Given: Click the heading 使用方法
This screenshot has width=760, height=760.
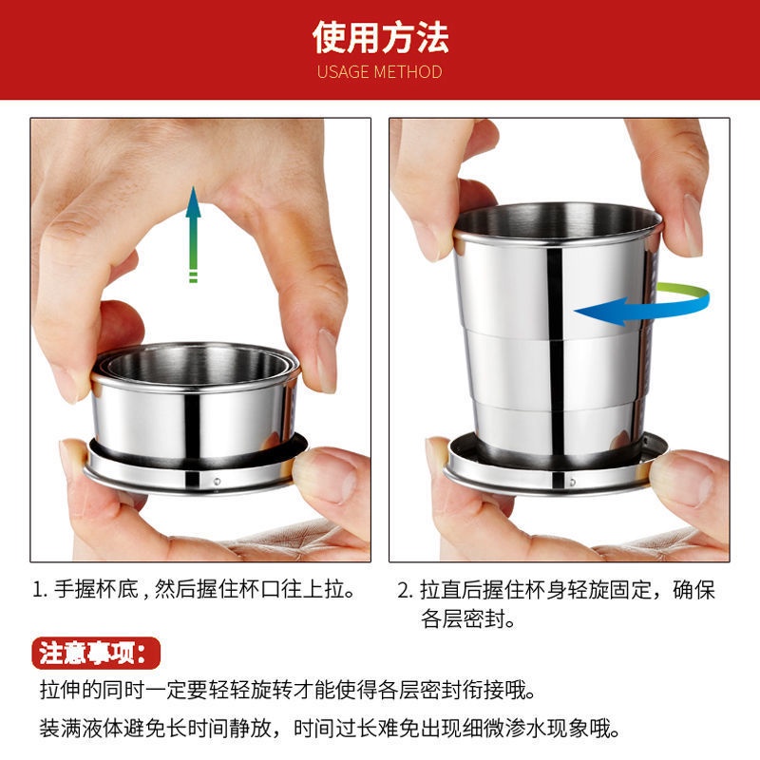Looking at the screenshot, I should tap(380, 37).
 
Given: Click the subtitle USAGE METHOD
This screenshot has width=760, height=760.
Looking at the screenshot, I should tap(380, 71).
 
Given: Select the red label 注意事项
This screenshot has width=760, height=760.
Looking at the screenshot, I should tap(95, 653).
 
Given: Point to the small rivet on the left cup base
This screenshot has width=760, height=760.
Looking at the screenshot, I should tap(218, 482).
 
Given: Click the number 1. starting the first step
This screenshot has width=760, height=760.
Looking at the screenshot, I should tap(40, 590).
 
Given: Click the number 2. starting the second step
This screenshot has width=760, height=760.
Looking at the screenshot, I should tap(404, 590).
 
